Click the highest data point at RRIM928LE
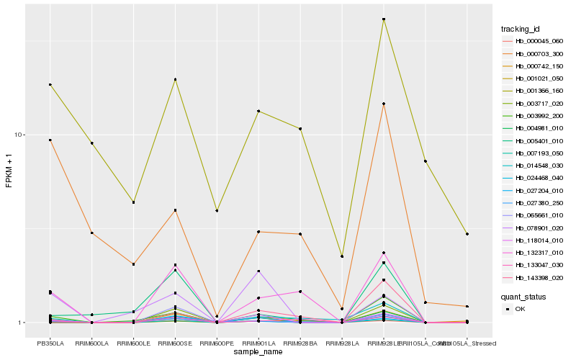[384, 19]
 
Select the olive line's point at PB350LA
[50, 85]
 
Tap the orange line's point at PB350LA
[50, 140]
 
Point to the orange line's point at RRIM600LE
[133, 264]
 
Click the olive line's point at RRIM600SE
[175, 79]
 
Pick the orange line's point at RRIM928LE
[384, 104]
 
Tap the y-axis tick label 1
[22, 323]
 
